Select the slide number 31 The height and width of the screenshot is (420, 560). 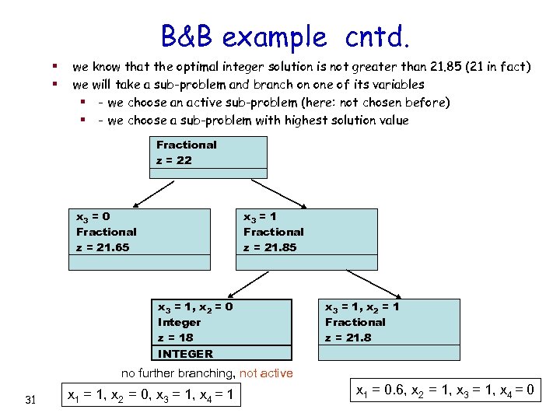click(31, 400)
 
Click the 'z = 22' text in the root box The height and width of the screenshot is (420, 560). click(174, 160)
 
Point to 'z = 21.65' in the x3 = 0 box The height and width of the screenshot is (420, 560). click(103, 247)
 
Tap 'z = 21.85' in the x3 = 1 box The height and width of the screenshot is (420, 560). click(270, 247)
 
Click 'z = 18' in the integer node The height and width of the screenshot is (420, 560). click(176, 338)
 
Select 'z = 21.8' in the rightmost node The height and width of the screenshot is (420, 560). click(348, 338)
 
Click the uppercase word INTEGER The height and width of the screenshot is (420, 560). click(185, 353)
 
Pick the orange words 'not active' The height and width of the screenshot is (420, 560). click(267, 373)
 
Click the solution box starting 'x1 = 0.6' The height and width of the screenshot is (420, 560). click(444, 389)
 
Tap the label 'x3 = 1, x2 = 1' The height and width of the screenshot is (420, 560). click(362, 306)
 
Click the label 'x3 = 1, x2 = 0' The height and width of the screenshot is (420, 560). click(195, 306)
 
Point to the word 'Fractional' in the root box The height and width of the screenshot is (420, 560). click(187, 145)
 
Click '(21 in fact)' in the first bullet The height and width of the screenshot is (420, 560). click(497, 68)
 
